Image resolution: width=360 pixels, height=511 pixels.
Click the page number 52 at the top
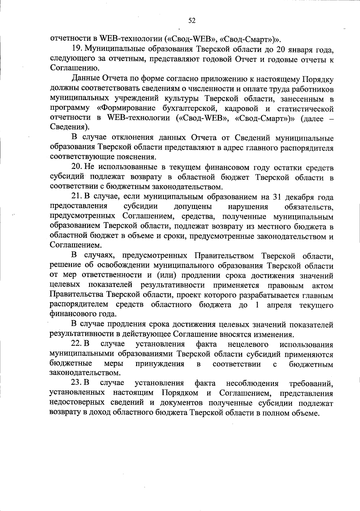tap(192, 20)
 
